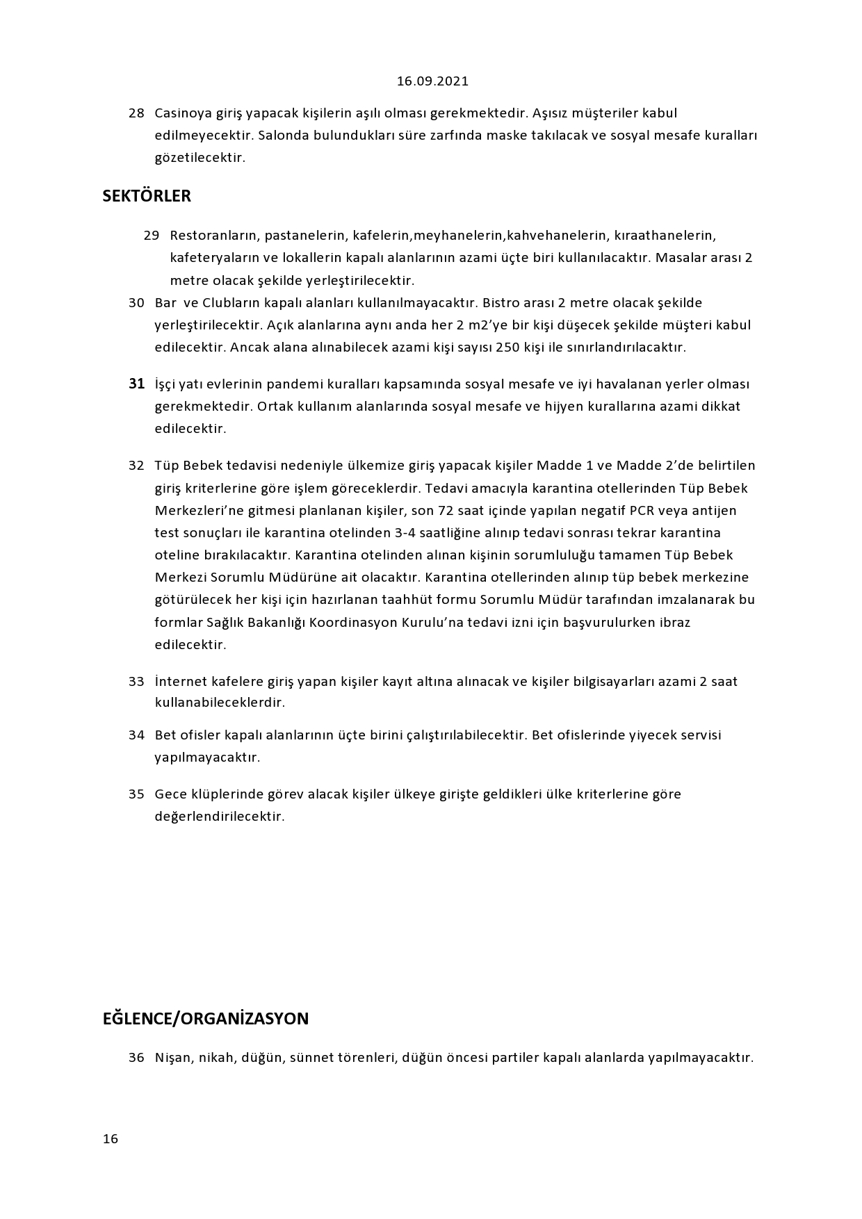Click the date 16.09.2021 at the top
(x=432, y=81)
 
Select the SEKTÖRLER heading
(x=147, y=196)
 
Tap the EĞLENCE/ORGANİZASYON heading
(x=206, y=1019)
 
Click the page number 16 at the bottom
(x=111, y=1138)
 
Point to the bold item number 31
(x=136, y=384)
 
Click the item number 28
(x=136, y=113)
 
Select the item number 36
(x=136, y=1058)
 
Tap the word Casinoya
(x=183, y=113)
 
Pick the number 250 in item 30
(x=507, y=347)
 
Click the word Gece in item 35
(x=170, y=794)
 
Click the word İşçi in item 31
(x=165, y=384)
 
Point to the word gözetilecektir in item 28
(x=200, y=157)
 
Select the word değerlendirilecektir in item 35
(x=220, y=816)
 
